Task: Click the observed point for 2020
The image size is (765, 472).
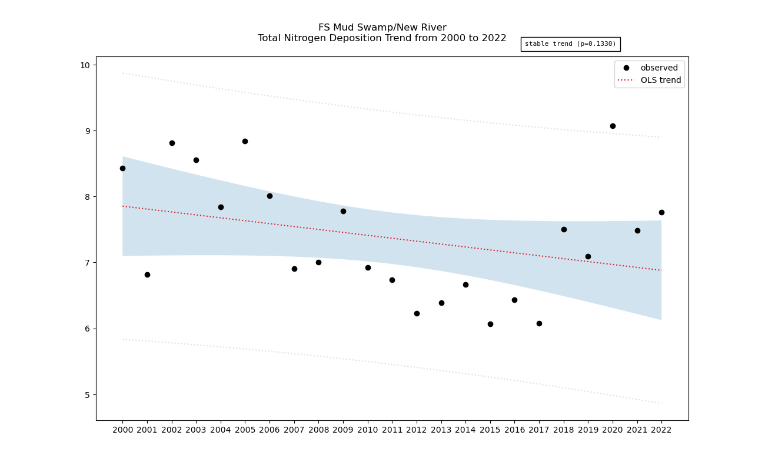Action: (x=613, y=126)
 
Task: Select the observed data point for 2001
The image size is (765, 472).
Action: (x=147, y=275)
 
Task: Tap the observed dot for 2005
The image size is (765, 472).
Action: (x=245, y=141)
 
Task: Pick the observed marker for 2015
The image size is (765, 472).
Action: (x=490, y=324)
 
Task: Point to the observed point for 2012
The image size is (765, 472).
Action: (x=417, y=313)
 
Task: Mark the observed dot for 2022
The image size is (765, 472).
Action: (x=661, y=212)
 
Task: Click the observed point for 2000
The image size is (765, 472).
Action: (x=122, y=168)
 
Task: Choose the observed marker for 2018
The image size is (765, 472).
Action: (x=564, y=229)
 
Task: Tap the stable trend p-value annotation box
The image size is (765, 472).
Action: (x=570, y=44)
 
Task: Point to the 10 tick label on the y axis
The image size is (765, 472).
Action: (x=85, y=65)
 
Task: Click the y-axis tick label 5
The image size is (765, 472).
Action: (x=87, y=394)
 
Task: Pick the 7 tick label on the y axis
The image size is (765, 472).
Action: (x=87, y=263)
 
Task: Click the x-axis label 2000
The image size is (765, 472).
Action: (x=122, y=430)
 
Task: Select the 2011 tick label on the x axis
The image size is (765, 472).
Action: (x=392, y=430)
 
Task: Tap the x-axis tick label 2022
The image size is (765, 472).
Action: (x=661, y=430)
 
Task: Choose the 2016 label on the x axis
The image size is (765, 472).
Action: (x=514, y=430)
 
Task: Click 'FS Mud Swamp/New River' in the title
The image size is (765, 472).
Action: (x=382, y=28)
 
